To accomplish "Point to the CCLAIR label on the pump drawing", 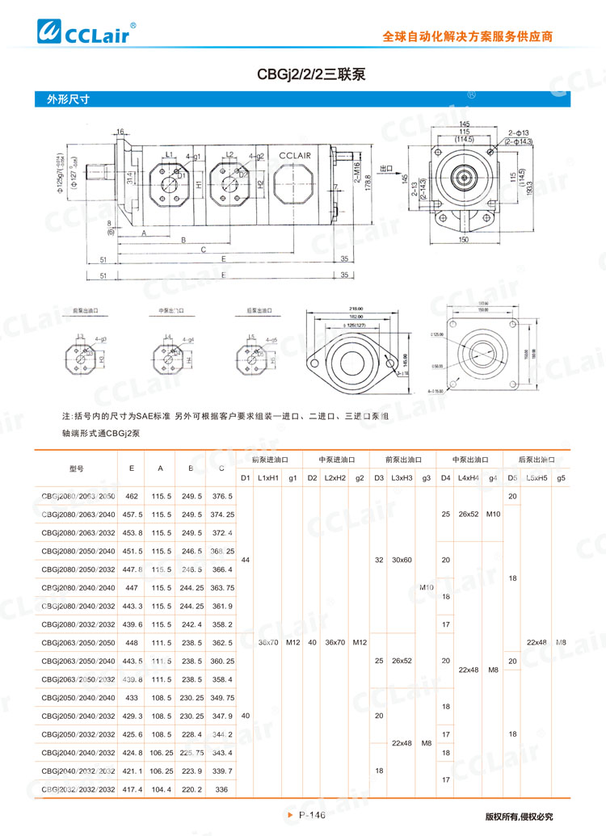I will tap(298, 156).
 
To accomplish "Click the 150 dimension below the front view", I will tap(462, 241).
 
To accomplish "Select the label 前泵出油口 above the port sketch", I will tap(85, 310).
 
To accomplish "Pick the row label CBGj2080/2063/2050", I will tap(78, 495).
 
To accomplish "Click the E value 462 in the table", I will tap(132, 495).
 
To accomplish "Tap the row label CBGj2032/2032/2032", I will tap(78, 788).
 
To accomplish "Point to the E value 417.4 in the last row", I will tap(132, 788).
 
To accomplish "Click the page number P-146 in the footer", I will tap(310, 816).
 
